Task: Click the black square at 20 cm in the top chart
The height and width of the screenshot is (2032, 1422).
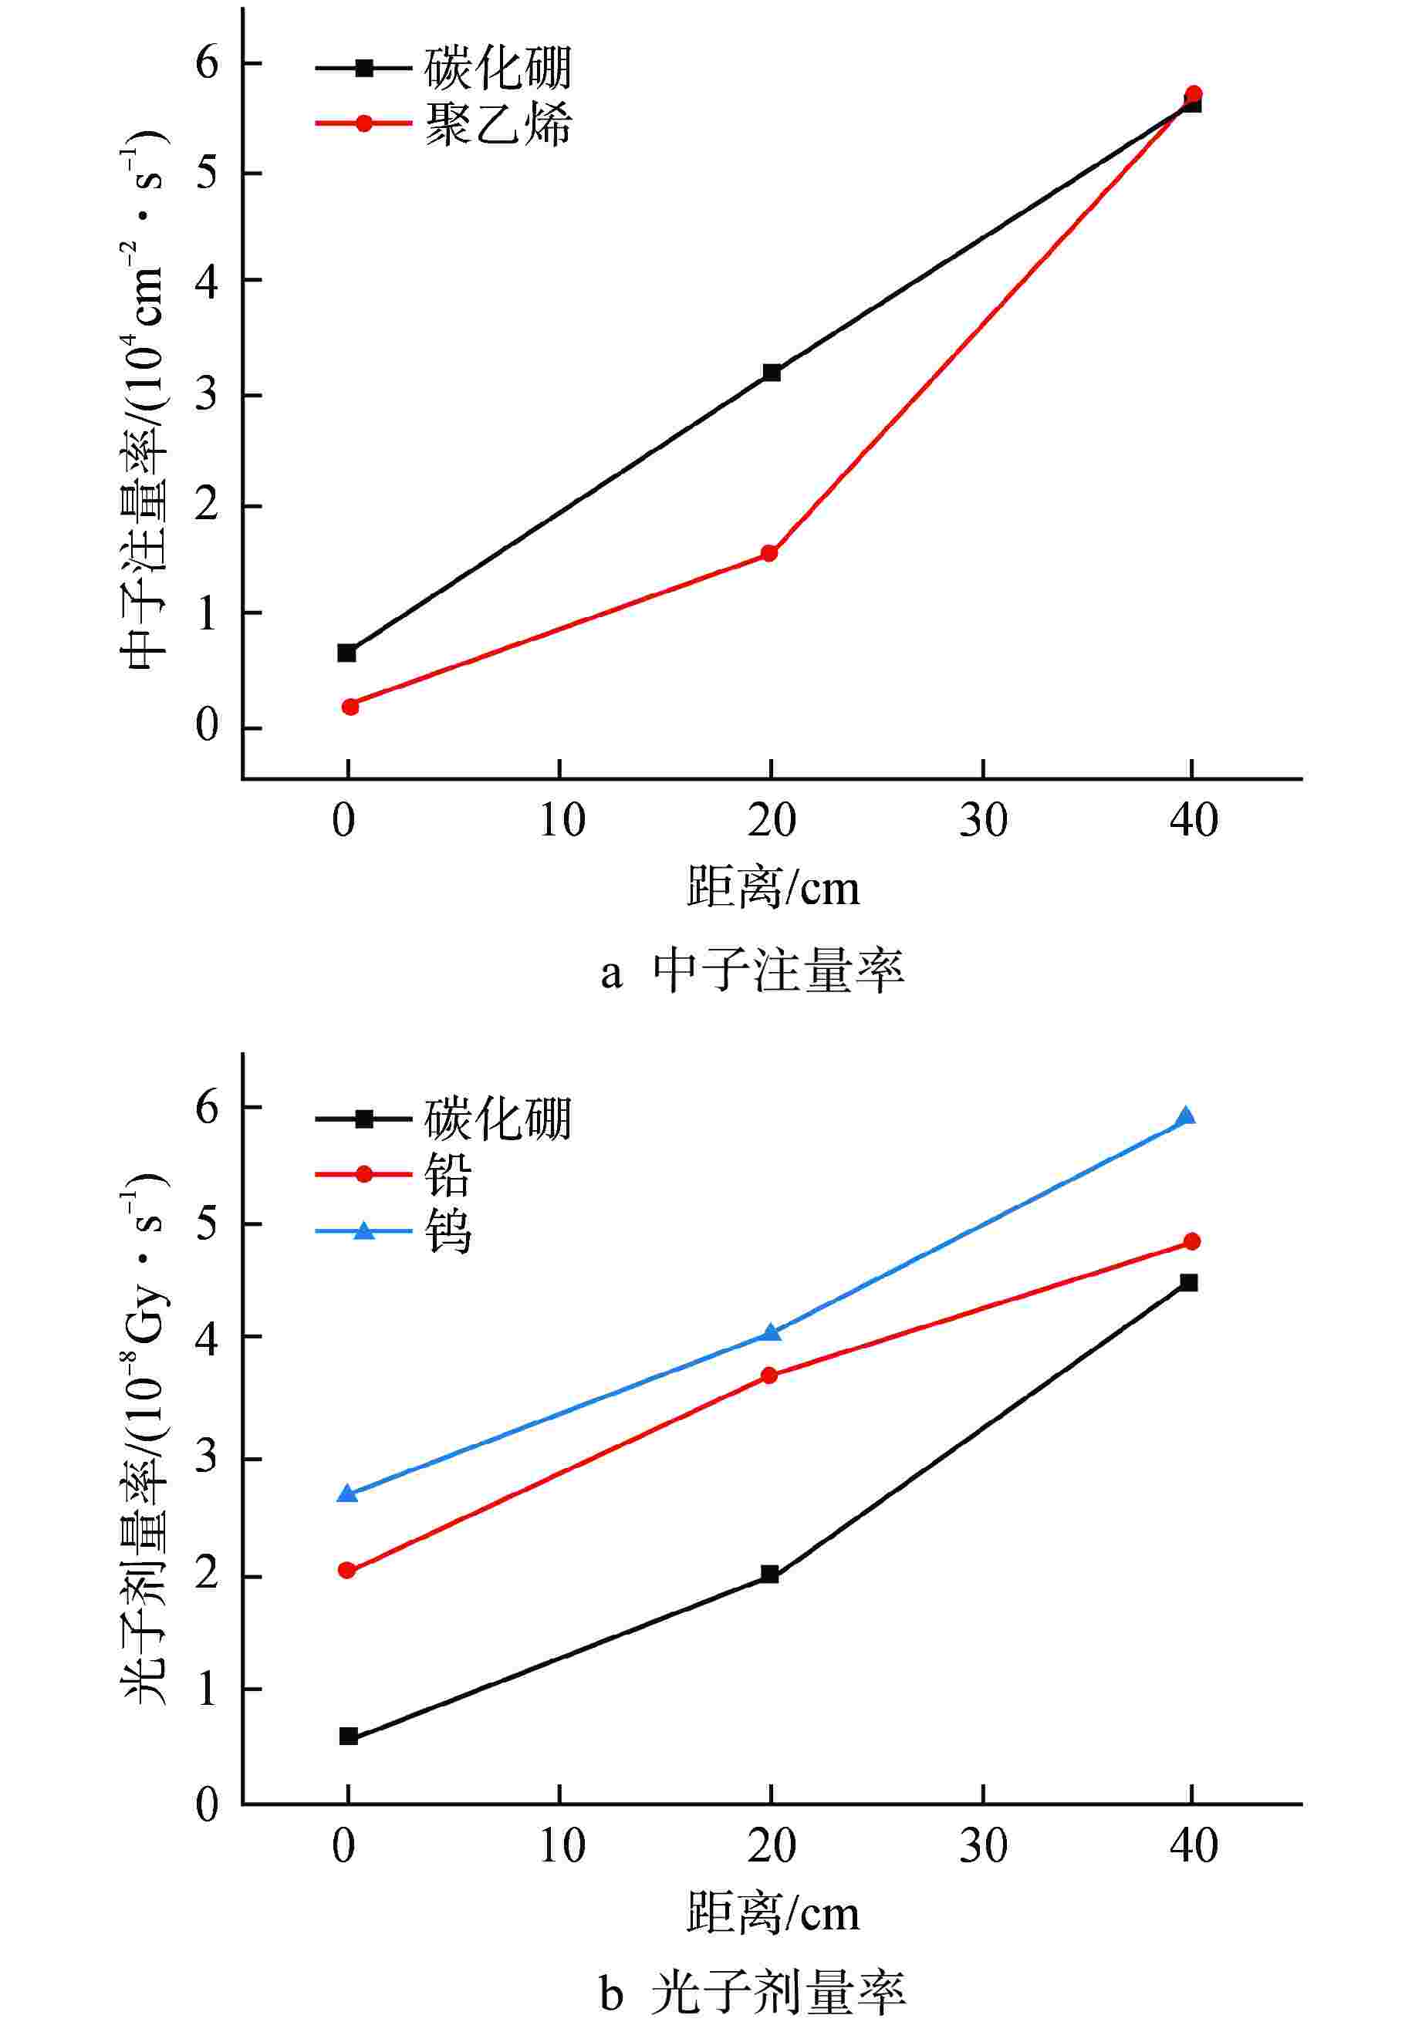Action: pos(772,373)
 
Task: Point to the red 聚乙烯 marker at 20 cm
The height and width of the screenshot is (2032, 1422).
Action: pos(769,554)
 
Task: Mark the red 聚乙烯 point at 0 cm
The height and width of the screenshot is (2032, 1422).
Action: pos(350,706)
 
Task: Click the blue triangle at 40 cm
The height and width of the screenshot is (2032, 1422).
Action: pos(1186,1117)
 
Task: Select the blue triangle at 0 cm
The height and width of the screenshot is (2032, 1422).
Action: pos(348,1494)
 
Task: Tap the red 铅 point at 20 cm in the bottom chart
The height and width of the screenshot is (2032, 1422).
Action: pos(769,1375)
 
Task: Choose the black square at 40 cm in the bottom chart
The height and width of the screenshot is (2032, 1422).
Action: pos(1188,1282)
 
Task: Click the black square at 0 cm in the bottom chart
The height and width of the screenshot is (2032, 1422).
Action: pos(349,1737)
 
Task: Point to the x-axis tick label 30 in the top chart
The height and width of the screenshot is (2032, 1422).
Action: pos(983,822)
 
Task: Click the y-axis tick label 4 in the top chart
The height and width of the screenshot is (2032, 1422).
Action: pos(206,282)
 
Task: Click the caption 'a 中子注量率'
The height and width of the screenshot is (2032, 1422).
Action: pos(752,973)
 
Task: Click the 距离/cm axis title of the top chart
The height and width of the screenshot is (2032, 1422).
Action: pos(772,888)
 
